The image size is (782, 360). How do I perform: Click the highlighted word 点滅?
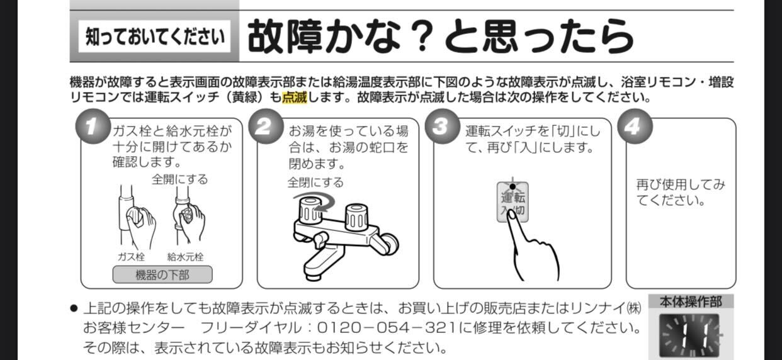[x=294, y=98]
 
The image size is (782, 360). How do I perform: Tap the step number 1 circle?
[x=93, y=127]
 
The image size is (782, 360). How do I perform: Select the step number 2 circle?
[x=266, y=127]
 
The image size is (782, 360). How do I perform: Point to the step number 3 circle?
[x=442, y=127]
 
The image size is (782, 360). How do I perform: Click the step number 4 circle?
[x=635, y=127]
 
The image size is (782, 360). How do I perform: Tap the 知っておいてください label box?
[x=154, y=37]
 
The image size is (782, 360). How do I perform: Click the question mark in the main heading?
[x=422, y=37]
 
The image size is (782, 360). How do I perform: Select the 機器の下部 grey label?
[x=162, y=274]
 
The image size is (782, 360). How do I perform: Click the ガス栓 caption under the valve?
[x=131, y=257]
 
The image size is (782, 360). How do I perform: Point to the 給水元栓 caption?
[x=185, y=257]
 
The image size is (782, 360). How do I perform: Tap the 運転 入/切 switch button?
[x=513, y=202]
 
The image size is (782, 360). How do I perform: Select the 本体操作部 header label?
[x=691, y=301]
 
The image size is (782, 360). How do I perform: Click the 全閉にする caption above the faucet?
[x=315, y=182]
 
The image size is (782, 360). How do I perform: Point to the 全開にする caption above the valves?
[x=180, y=179]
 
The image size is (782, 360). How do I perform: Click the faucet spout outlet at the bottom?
[x=313, y=277]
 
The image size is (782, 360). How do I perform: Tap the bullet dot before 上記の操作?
[x=74, y=308]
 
